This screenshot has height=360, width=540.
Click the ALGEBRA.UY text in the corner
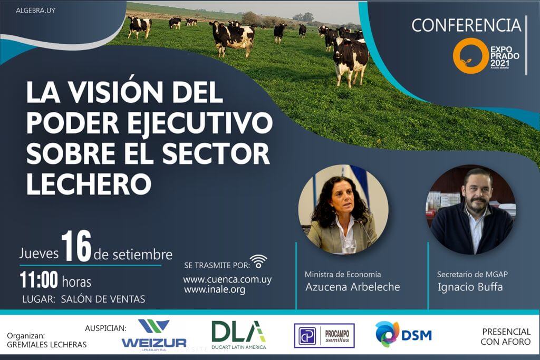[x=35, y=11]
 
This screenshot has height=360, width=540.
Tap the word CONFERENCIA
[x=466, y=25]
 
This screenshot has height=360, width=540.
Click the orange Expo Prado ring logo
[x=470, y=56]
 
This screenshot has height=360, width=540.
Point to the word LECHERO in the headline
[x=89, y=184]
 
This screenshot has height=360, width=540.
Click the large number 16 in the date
[x=76, y=247]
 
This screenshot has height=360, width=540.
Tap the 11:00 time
[x=38, y=280]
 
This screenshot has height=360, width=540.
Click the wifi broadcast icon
[x=258, y=261]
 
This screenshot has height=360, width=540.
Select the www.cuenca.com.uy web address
[x=227, y=279]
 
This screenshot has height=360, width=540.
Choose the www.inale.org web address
[x=215, y=290]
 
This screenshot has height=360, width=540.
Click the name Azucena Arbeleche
[x=353, y=287]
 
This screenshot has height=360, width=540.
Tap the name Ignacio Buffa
[x=470, y=287]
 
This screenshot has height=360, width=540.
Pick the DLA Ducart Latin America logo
[x=239, y=335]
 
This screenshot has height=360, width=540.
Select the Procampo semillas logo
[x=324, y=336]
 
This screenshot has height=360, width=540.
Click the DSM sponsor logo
[x=403, y=334]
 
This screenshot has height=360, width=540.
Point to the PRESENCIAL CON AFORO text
[x=506, y=337]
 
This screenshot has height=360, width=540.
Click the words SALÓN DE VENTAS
[x=103, y=299]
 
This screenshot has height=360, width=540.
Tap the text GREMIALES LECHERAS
[x=47, y=345]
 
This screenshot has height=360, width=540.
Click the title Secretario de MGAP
[x=472, y=274]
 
